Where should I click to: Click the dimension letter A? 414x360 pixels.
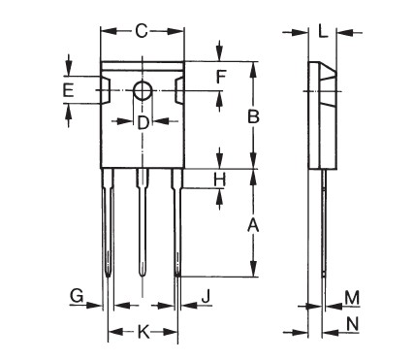(253, 225)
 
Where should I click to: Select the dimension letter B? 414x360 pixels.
(253, 116)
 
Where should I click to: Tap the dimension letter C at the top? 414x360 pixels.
(142, 31)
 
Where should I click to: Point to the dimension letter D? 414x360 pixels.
(143, 122)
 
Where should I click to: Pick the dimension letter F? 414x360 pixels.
(221, 76)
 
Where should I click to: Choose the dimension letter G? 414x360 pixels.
(75, 294)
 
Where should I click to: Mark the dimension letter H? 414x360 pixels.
(220, 180)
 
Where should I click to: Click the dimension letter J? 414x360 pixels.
(206, 294)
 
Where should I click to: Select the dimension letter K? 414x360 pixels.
(143, 333)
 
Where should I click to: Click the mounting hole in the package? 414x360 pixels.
(143, 91)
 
